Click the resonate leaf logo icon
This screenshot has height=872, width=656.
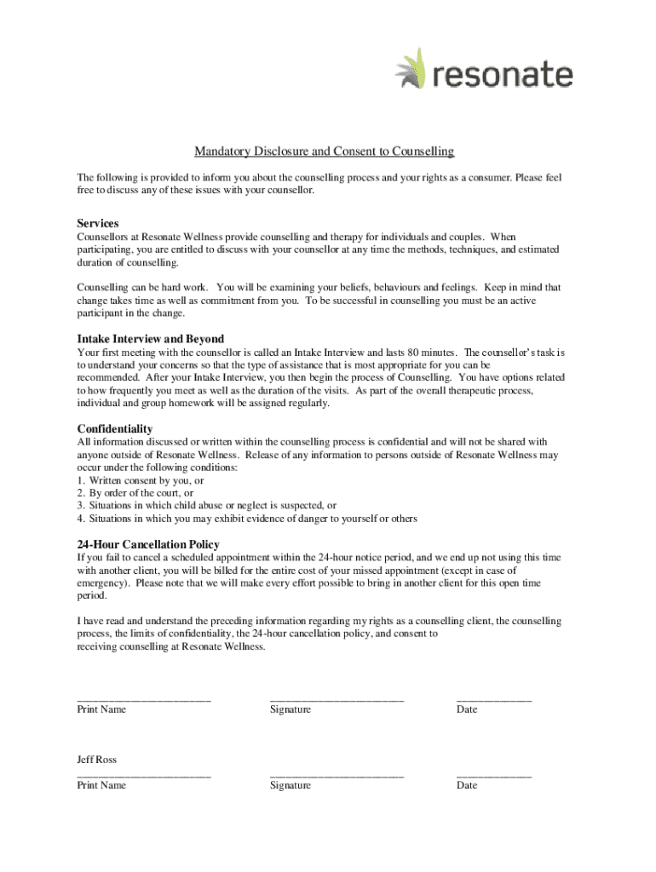pos(412,69)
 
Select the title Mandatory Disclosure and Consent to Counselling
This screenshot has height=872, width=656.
pos(324,152)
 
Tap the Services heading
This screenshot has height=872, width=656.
pos(98,223)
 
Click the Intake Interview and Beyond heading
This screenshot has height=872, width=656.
pos(151,339)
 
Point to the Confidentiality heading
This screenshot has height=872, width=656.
pos(115,428)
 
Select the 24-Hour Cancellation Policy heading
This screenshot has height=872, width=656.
pos(148,544)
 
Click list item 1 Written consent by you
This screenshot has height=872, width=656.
pos(141,480)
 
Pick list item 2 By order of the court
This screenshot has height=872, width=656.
pos(135,493)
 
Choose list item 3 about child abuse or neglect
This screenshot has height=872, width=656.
pos(206,506)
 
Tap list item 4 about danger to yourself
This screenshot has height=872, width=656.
pos(247,519)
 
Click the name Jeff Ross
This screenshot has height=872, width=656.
pos(97,760)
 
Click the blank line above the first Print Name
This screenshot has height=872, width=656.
pos(143,699)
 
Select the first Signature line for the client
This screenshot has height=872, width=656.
pos(337,699)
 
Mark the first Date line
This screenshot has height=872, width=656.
pos(494,699)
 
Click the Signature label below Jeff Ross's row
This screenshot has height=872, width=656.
pos(291,785)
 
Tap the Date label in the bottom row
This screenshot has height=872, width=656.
pos(467,785)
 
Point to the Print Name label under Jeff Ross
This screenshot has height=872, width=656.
pos(101,785)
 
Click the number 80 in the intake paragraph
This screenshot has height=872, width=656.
pos(416,353)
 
